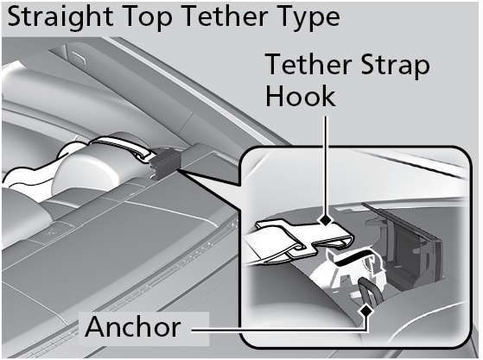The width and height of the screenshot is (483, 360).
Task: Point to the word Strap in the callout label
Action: tap(395, 66)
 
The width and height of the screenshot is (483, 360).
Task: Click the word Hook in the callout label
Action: tap(301, 96)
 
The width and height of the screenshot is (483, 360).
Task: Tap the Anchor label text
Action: tap(133, 327)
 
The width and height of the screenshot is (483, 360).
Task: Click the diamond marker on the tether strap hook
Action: tap(326, 221)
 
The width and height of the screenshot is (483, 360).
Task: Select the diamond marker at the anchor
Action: tap(366, 311)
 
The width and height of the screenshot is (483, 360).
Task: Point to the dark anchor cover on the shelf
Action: tap(165, 164)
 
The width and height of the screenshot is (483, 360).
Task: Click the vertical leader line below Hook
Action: tap(326, 165)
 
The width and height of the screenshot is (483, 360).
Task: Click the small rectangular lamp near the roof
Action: tap(79, 58)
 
